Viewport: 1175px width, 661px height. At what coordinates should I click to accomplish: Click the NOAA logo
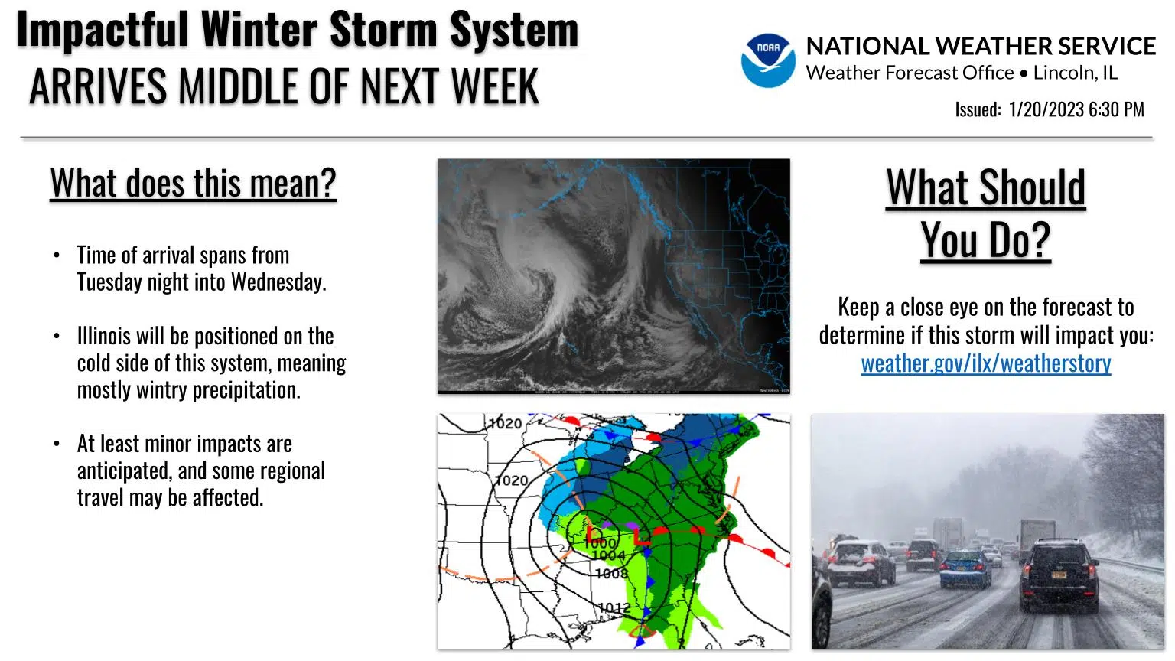tap(768, 60)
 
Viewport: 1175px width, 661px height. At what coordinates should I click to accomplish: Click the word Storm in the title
tap(383, 29)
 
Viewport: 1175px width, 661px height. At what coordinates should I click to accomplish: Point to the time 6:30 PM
tap(1116, 109)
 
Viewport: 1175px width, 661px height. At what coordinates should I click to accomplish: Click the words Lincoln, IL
tap(1076, 73)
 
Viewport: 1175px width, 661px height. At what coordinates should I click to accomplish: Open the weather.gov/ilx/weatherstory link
tap(985, 363)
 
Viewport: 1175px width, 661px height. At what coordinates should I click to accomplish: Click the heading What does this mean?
tap(193, 183)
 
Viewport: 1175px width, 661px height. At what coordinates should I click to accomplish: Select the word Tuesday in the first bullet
tap(109, 282)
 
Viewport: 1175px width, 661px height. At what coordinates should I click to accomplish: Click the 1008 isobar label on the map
tap(611, 573)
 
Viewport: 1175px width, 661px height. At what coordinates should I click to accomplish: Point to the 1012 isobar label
tap(614, 607)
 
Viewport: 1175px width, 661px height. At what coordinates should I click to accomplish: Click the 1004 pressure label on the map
tap(608, 555)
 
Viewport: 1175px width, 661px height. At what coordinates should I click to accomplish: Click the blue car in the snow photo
tap(965, 569)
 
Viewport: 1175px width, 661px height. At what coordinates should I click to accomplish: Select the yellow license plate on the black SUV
tap(1059, 575)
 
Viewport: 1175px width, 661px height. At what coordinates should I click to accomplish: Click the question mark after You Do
tap(1039, 240)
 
